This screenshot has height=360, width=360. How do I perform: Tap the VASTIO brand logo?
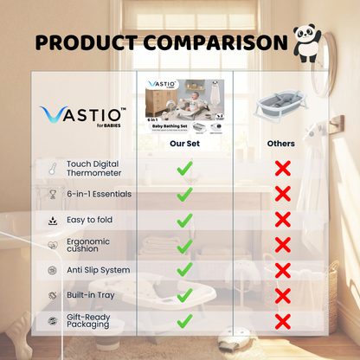pos(82,116)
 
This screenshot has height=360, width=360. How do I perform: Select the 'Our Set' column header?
pos(184,144)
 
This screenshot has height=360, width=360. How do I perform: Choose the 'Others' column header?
pos(281,144)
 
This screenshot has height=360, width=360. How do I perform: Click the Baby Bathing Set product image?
pos(184,105)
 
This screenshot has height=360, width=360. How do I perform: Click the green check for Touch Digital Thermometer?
pos(184,169)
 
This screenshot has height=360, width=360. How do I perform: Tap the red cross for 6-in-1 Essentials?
pos(282,194)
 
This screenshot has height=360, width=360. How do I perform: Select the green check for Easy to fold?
pos(184,220)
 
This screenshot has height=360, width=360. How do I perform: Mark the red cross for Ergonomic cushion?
pos(282,245)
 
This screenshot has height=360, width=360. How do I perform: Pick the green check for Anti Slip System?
pos(184,270)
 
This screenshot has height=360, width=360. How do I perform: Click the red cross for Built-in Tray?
pos(282,296)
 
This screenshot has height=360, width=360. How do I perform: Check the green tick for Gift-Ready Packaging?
pos(184,321)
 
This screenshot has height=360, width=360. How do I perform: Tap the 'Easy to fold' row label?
pos(91,220)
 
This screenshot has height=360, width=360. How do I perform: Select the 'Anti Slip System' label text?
pos(99,270)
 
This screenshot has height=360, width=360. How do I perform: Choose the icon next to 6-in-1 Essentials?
pos(53,194)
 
